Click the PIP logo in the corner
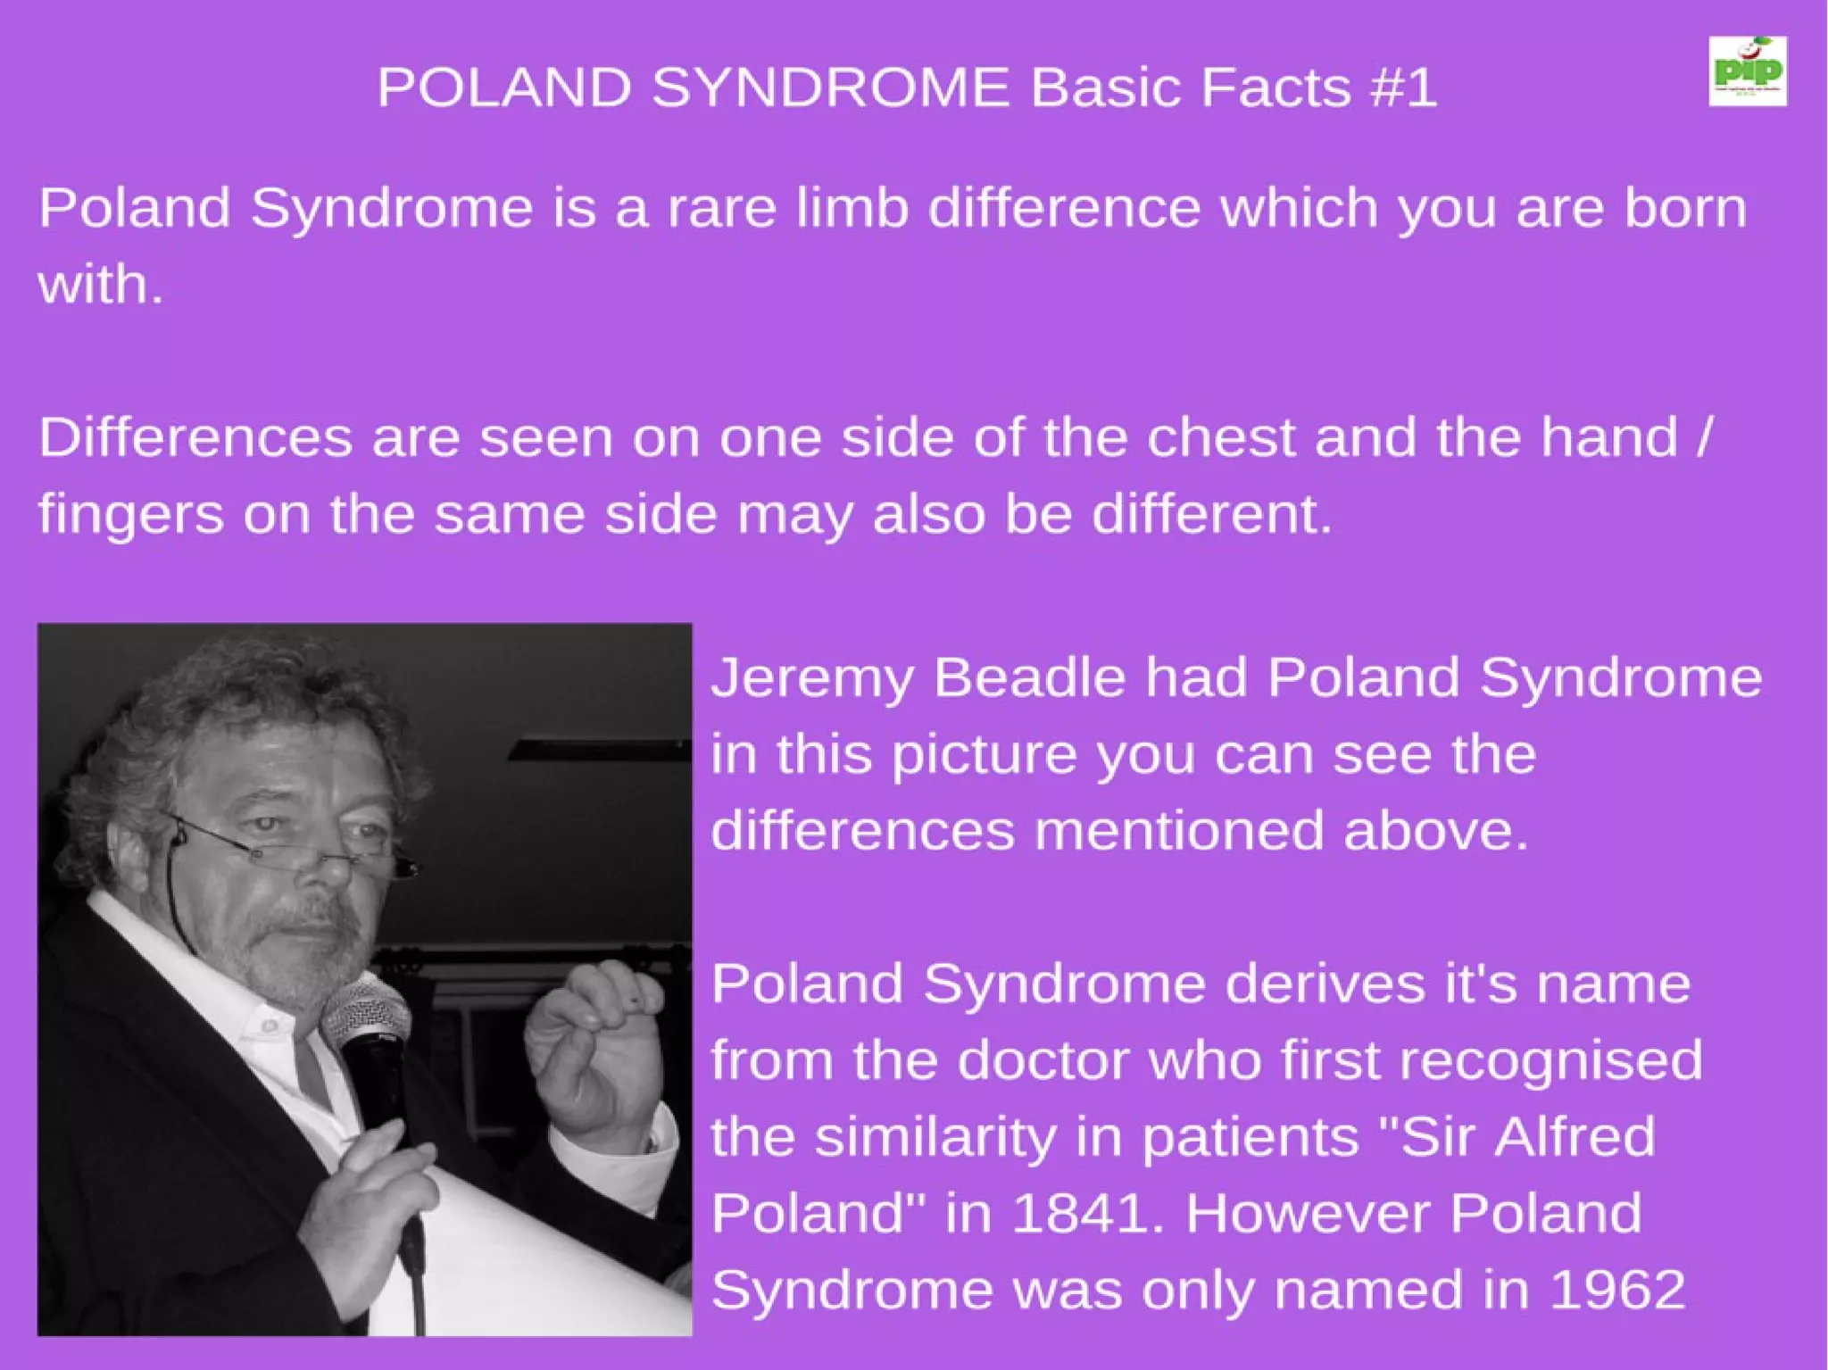pos(1747,71)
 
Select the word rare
pos(720,208)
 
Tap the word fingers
pos(130,516)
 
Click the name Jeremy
pos(812,678)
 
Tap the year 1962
pos(1616,1290)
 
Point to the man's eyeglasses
pos(295,848)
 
